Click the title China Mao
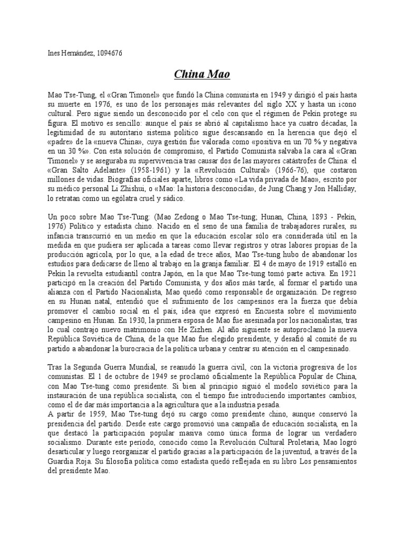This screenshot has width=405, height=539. coord(202,74)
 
